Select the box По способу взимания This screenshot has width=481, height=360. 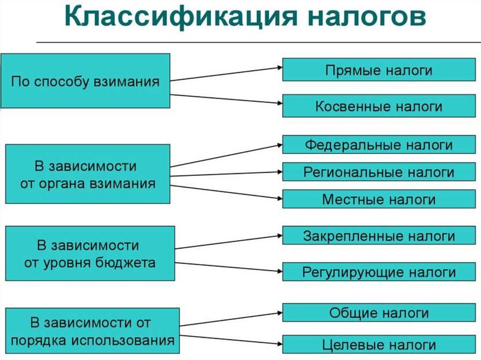(x=85, y=81)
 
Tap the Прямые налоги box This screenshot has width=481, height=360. (x=378, y=70)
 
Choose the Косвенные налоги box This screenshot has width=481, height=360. (x=378, y=106)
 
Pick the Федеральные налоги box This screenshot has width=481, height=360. (x=378, y=145)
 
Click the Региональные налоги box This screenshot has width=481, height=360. (x=378, y=172)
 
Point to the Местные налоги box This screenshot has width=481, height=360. (x=378, y=199)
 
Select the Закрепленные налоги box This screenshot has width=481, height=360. (x=378, y=235)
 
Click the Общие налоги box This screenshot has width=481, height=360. (x=378, y=313)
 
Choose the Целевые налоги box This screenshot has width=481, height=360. (x=378, y=345)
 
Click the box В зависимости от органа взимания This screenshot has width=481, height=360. (x=87, y=174)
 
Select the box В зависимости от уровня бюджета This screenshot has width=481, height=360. (x=90, y=253)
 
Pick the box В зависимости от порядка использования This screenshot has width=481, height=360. (x=92, y=331)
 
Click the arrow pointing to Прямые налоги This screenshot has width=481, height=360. (x=225, y=74)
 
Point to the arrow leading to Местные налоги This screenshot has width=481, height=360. (x=225, y=191)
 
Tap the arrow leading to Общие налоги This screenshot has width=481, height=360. (x=230, y=319)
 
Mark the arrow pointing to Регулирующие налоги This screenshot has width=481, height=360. (x=228, y=267)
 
